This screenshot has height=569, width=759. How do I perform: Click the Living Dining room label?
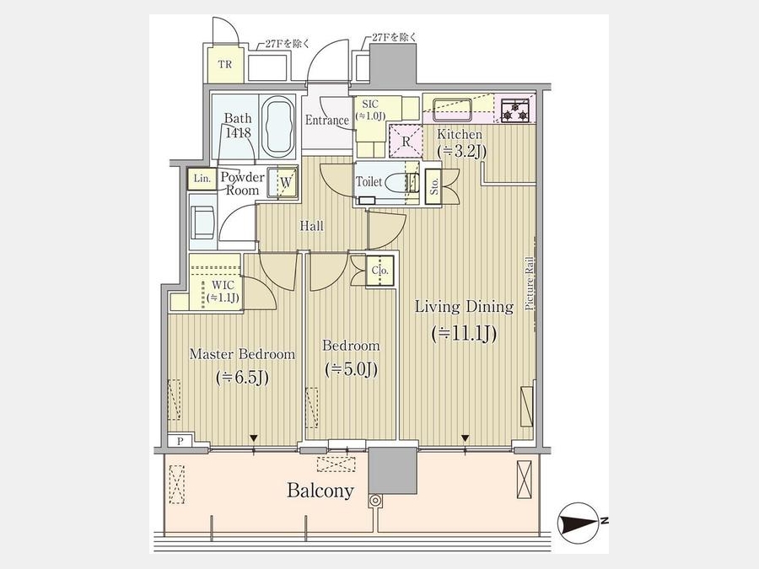(x=464, y=307)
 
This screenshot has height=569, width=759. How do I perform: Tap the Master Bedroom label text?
(x=242, y=354)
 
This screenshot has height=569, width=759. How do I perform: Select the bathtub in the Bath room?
(x=277, y=126)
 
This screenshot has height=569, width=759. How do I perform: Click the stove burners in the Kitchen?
(x=515, y=110)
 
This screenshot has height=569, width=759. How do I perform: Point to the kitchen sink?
(x=452, y=109)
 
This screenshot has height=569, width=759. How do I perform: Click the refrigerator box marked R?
(x=406, y=142)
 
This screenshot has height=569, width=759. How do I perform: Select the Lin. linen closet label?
(x=202, y=179)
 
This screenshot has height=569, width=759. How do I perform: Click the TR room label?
(x=224, y=64)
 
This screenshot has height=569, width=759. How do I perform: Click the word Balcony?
(x=320, y=491)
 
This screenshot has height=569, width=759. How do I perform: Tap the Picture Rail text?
(x=530, y=283)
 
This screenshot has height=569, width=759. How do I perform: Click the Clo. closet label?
(x=380, y=271)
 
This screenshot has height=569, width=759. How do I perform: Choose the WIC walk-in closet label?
(x=223, y=286)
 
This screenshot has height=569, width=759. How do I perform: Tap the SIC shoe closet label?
(x=370, y=104)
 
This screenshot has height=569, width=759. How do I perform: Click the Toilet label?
(x=369, y=182)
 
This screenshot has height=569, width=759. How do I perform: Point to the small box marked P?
(x=180, y=441)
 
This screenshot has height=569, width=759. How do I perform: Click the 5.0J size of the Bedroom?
(x=352, y=370)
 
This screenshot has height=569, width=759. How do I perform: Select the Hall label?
(x=312, y=225)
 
